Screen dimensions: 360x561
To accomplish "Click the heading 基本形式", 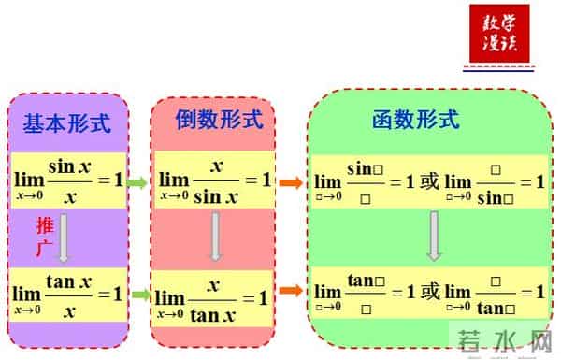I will click(66, 122).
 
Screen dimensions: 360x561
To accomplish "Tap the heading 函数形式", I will click(415, 119).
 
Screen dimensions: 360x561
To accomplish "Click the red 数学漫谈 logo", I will click(498, 33).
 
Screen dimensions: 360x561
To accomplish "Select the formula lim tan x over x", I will click(67, 294).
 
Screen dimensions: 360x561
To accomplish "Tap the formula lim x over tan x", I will click(213, 298).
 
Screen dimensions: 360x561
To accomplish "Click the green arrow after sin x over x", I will click(138, 182).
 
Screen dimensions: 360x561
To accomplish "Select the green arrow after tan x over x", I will click(141, 295).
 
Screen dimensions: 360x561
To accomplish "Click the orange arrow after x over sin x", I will click(291, 181).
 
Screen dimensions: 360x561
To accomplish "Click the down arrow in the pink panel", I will click(214, 237).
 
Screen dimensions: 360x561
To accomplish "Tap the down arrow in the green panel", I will click(433, 237).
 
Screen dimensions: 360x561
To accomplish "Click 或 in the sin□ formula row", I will click(429, 181).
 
